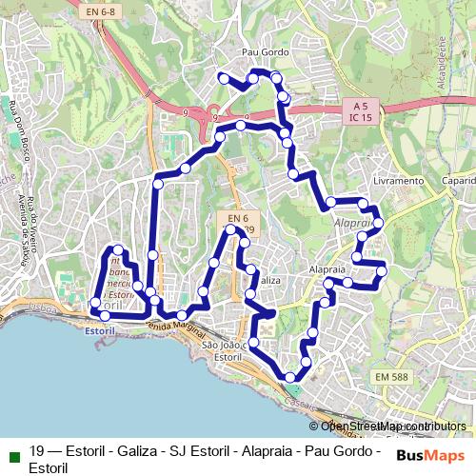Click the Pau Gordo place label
[x=265, y=52]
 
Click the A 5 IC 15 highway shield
[x=360, y=110]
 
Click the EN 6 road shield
[x=232, y=218]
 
